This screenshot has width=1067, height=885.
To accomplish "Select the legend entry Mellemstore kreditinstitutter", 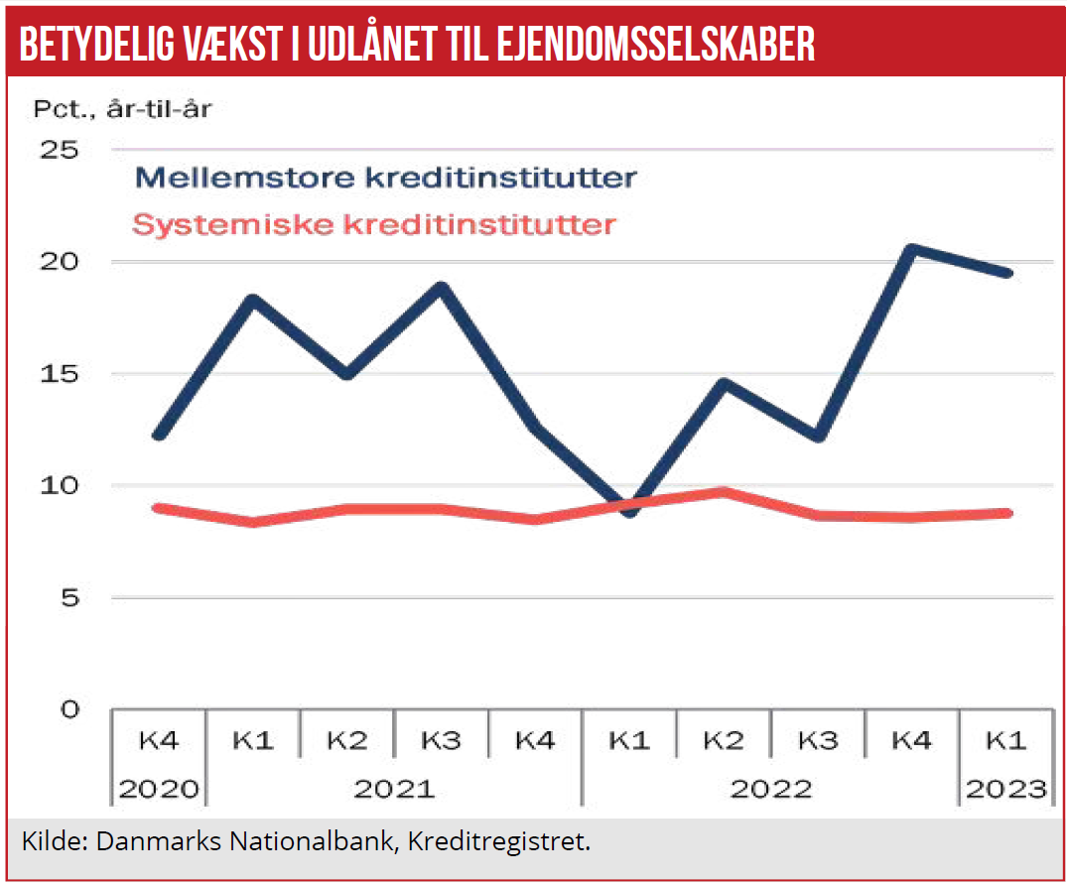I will (x=385, y=178).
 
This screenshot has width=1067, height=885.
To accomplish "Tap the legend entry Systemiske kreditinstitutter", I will (x=374, y=224).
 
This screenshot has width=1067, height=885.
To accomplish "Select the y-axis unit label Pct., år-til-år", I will (x=122, y=108).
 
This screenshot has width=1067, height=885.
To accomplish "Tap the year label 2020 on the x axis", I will (x=159, y=789).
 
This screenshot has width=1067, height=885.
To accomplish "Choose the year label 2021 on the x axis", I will (x=394, y=789).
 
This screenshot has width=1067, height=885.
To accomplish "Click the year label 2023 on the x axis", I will (x=1005, y=789).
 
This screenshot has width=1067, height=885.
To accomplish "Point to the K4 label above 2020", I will (x=159, y=740).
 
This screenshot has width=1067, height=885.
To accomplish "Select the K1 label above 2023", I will (x=1005, y=740).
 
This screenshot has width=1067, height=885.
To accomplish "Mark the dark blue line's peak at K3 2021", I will (x=442, y=288).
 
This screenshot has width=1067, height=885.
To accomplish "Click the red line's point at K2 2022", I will (x=724, y=492).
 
